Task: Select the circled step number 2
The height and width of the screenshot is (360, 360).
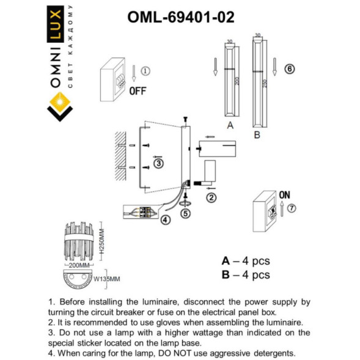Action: coord(211,197)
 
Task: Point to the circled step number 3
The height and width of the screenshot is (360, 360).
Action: coord(158,164)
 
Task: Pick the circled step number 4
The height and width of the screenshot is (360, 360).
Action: coord(164,219)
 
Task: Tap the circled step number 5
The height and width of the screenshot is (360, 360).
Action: coord(186,213)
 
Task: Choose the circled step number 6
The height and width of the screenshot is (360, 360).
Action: coord(290,69)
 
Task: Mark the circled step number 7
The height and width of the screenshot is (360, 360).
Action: coord(292,208)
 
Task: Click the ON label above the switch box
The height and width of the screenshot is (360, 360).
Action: coord(284,194)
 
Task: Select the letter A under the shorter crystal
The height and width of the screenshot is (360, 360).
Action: coord(230,126)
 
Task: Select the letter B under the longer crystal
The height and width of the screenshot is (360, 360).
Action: coord(257,133)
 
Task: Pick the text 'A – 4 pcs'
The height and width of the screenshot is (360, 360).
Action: coord(245,261)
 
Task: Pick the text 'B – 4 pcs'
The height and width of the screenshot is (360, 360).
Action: coord(245,275)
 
